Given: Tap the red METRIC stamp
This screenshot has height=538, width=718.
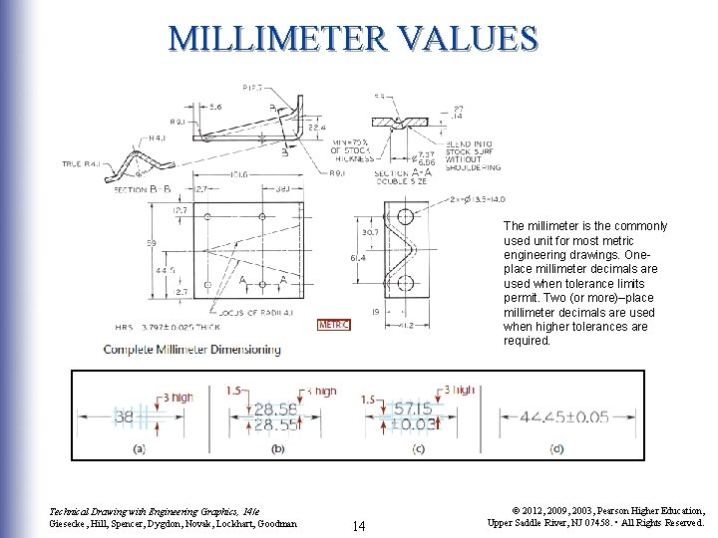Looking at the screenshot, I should (332, 324).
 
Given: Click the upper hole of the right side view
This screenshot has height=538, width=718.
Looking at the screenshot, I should (404, 216).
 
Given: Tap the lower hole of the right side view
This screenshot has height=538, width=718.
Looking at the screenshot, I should (404, 286).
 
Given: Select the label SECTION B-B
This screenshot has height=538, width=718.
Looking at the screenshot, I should (142, 187).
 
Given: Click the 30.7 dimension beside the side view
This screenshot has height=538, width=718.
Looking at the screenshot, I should (369, 232).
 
